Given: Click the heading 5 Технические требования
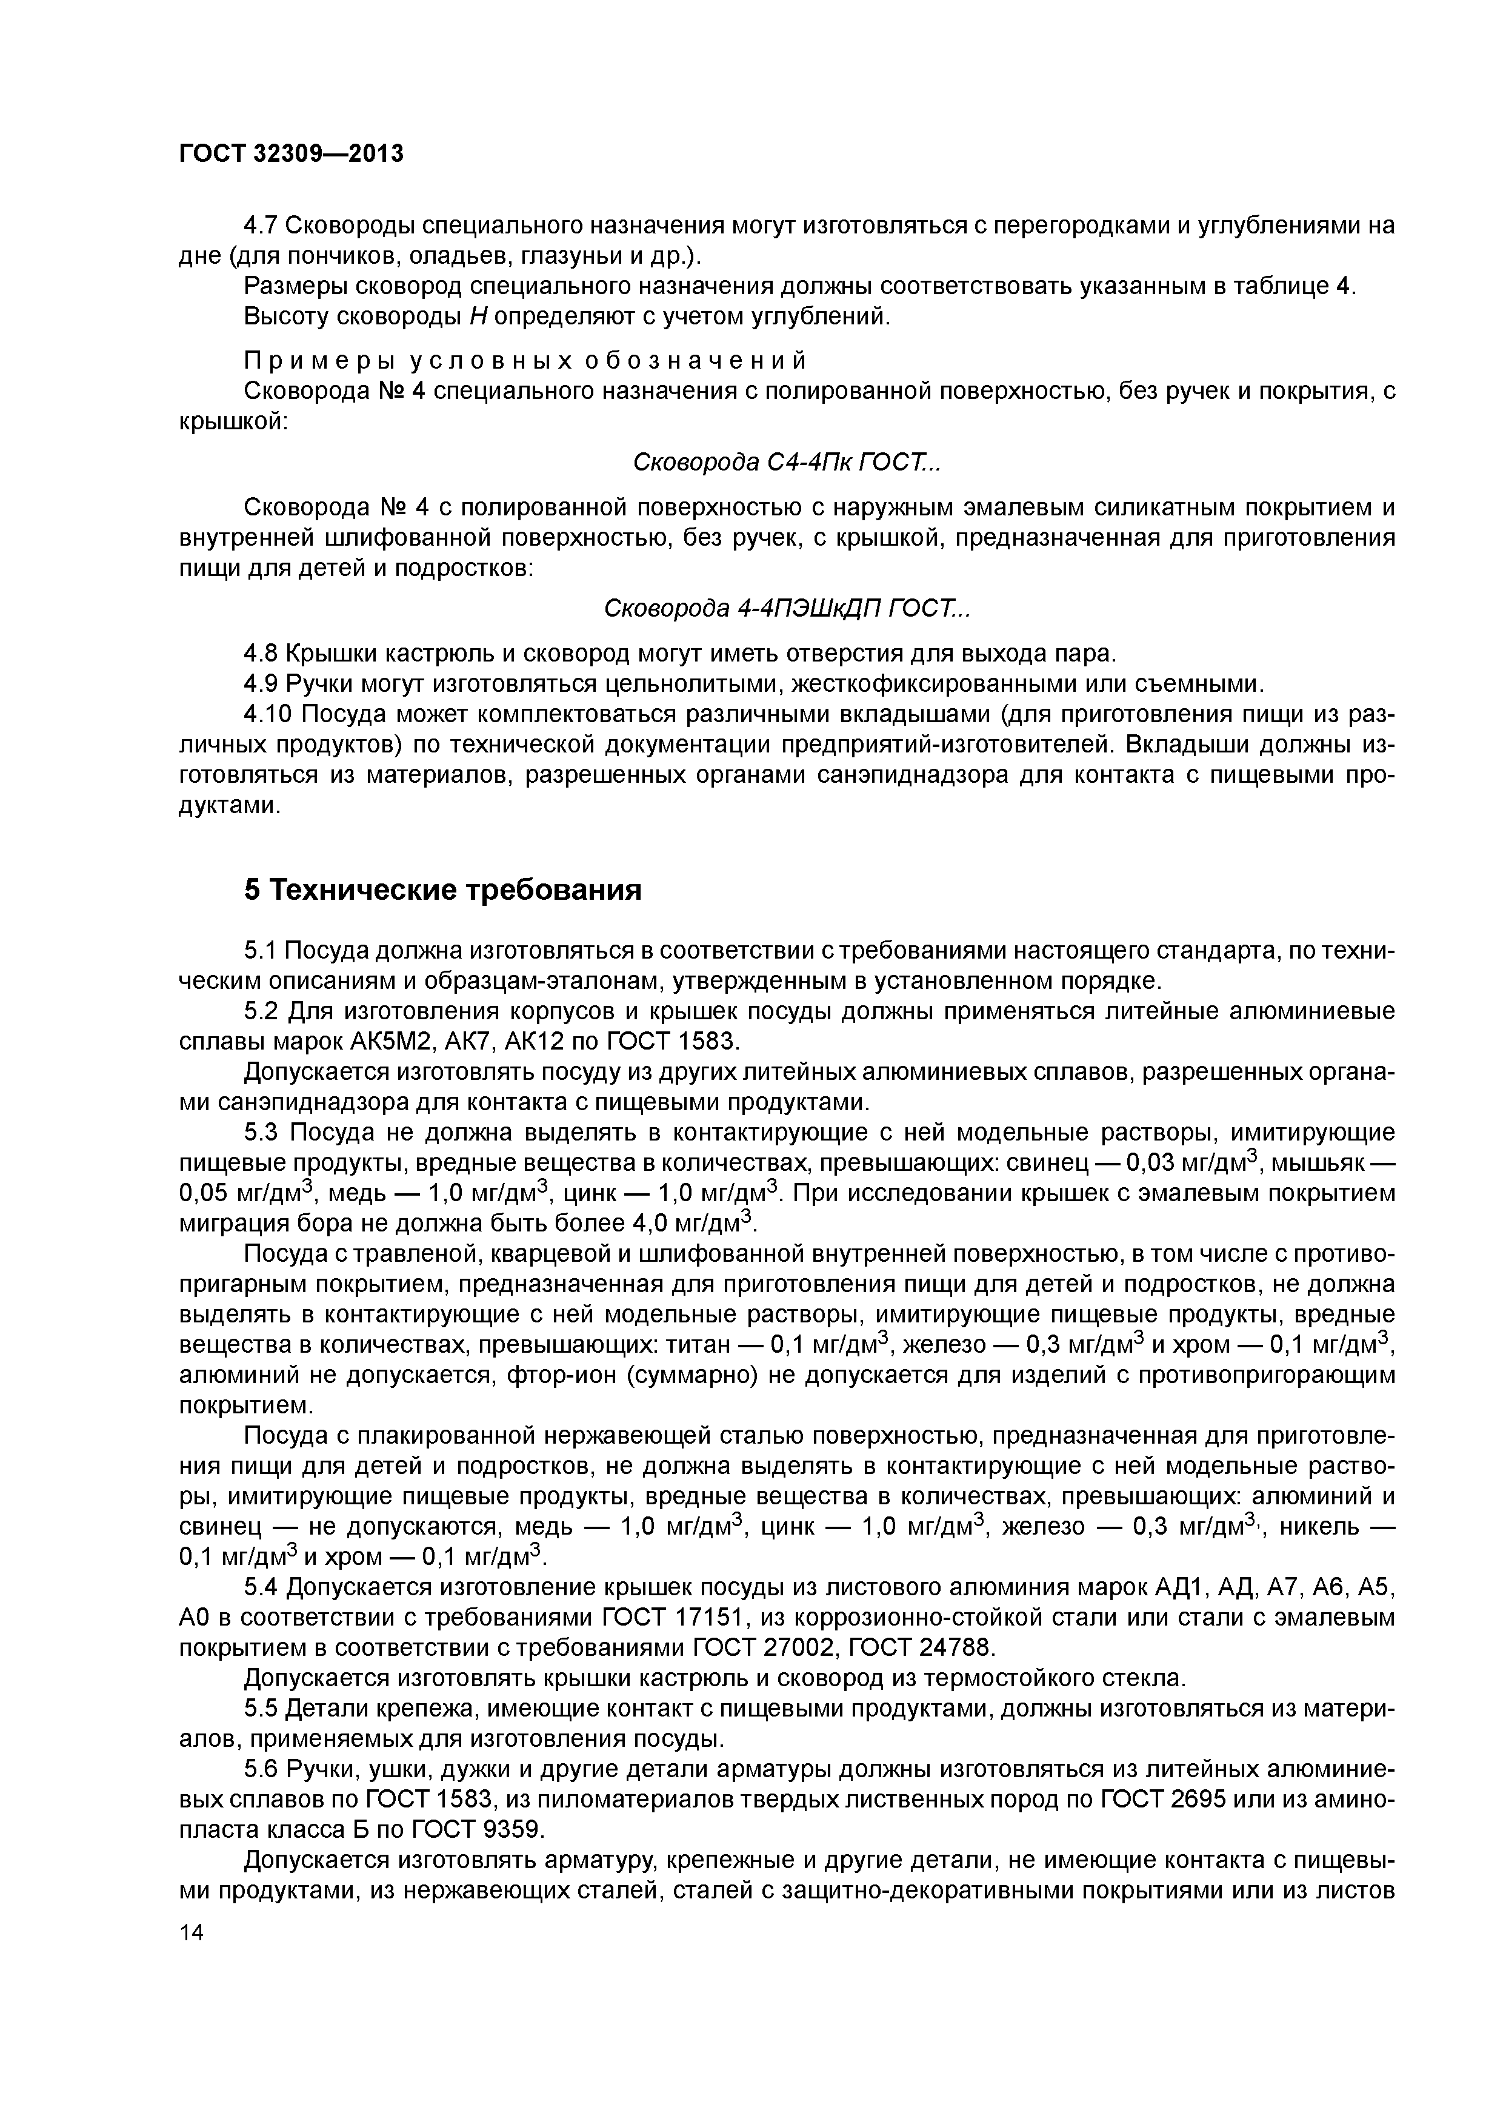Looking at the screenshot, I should [442, 889].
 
